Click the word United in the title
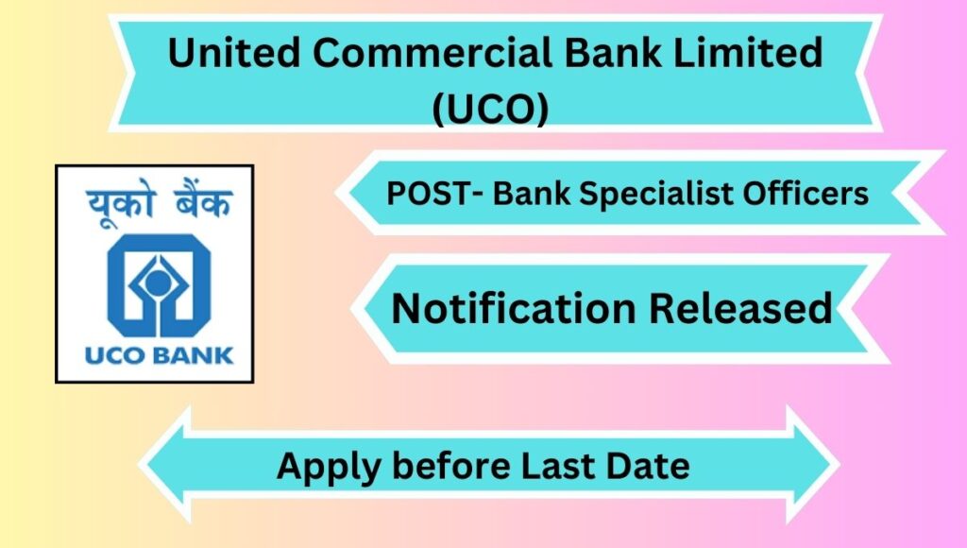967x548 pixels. [234, 52]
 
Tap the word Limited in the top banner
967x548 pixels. [747, 52]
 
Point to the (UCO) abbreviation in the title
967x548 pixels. [490, 109]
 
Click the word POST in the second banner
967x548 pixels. [427, 193]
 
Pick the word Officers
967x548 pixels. [806, 193]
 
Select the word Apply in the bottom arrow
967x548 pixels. [328, 467]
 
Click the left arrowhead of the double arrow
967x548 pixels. [165, 465]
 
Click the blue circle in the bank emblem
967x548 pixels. [159, 283]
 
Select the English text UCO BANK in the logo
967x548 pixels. [159, 355]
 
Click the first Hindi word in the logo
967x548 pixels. [119, 205]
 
